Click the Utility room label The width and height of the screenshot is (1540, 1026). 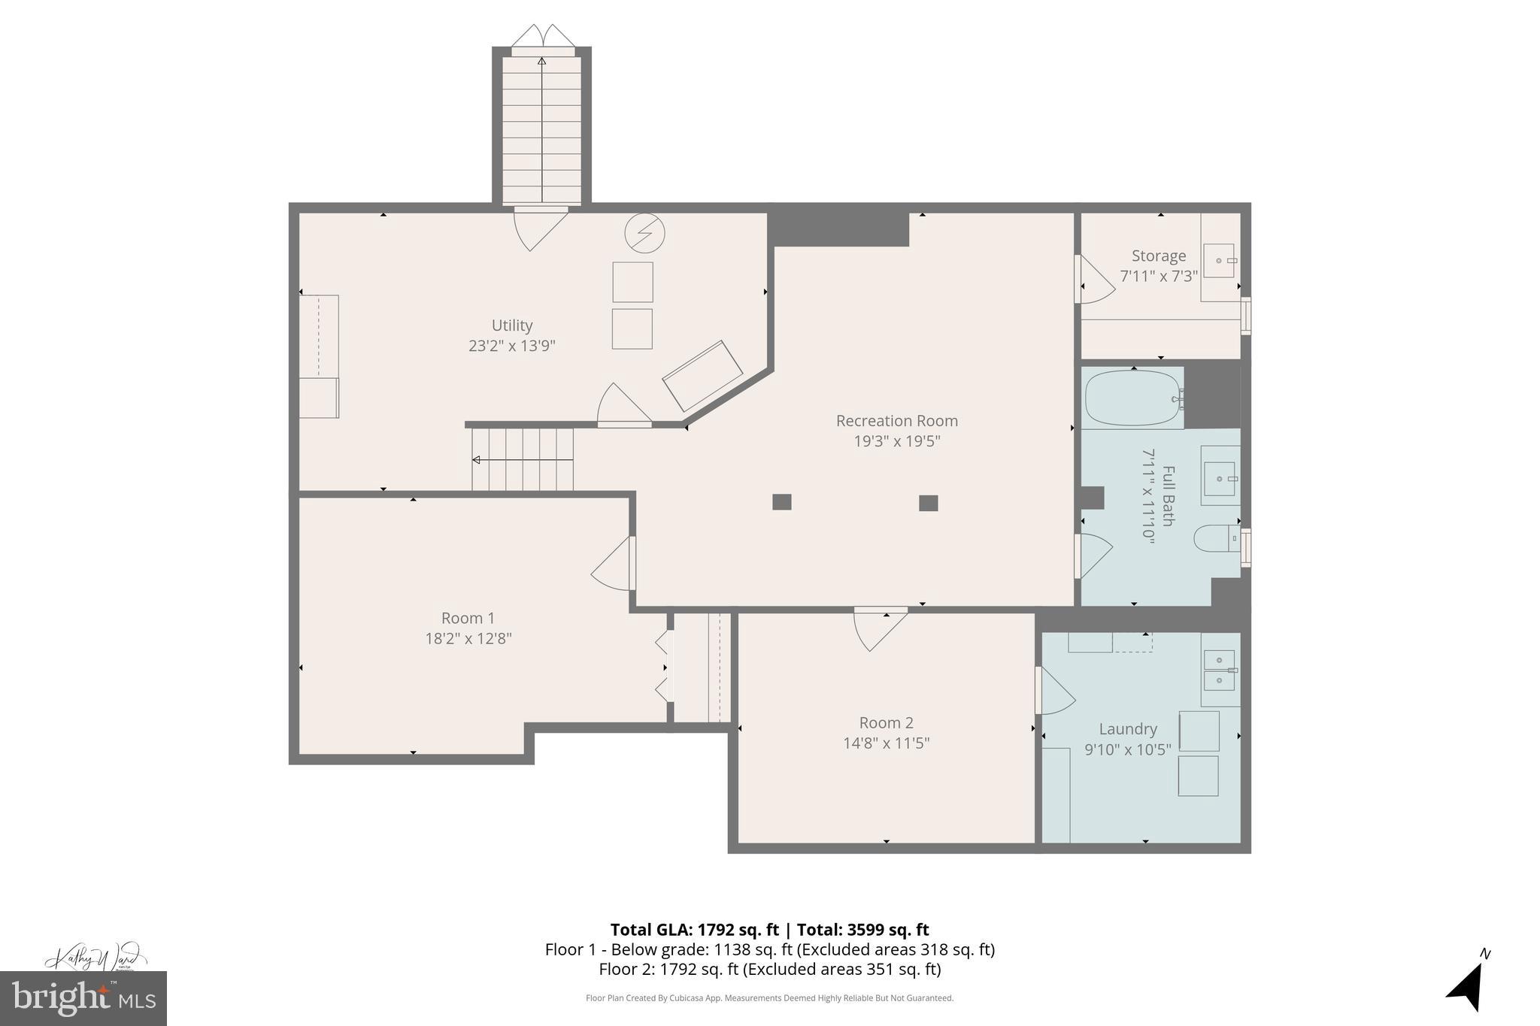click(x=512, y=325)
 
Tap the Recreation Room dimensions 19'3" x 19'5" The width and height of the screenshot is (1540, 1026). click(x=896, y=441)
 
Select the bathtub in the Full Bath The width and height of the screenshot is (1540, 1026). click(x=1132, y=398)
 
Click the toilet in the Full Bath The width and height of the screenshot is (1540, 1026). click(x=1213, y=538)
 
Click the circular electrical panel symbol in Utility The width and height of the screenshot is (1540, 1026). click(x=644, y=233)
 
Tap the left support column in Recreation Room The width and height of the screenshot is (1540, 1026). click(x=782, y=502)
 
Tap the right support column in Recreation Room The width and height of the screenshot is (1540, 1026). click(x=929, y=503)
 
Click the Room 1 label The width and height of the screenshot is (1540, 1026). click(x=468, y=618)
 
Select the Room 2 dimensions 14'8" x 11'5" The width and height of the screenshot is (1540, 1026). click(x=886, y=743)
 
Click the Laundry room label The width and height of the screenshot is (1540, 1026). click(x=1127, y=729)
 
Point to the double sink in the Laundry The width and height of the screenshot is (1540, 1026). click(x=1219, y=670)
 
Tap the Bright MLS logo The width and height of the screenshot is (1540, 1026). click(x=83, y=998)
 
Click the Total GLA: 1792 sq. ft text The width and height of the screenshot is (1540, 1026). click(x=693, y=930)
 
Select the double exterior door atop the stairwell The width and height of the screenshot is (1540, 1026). click(x=542, y=38)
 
